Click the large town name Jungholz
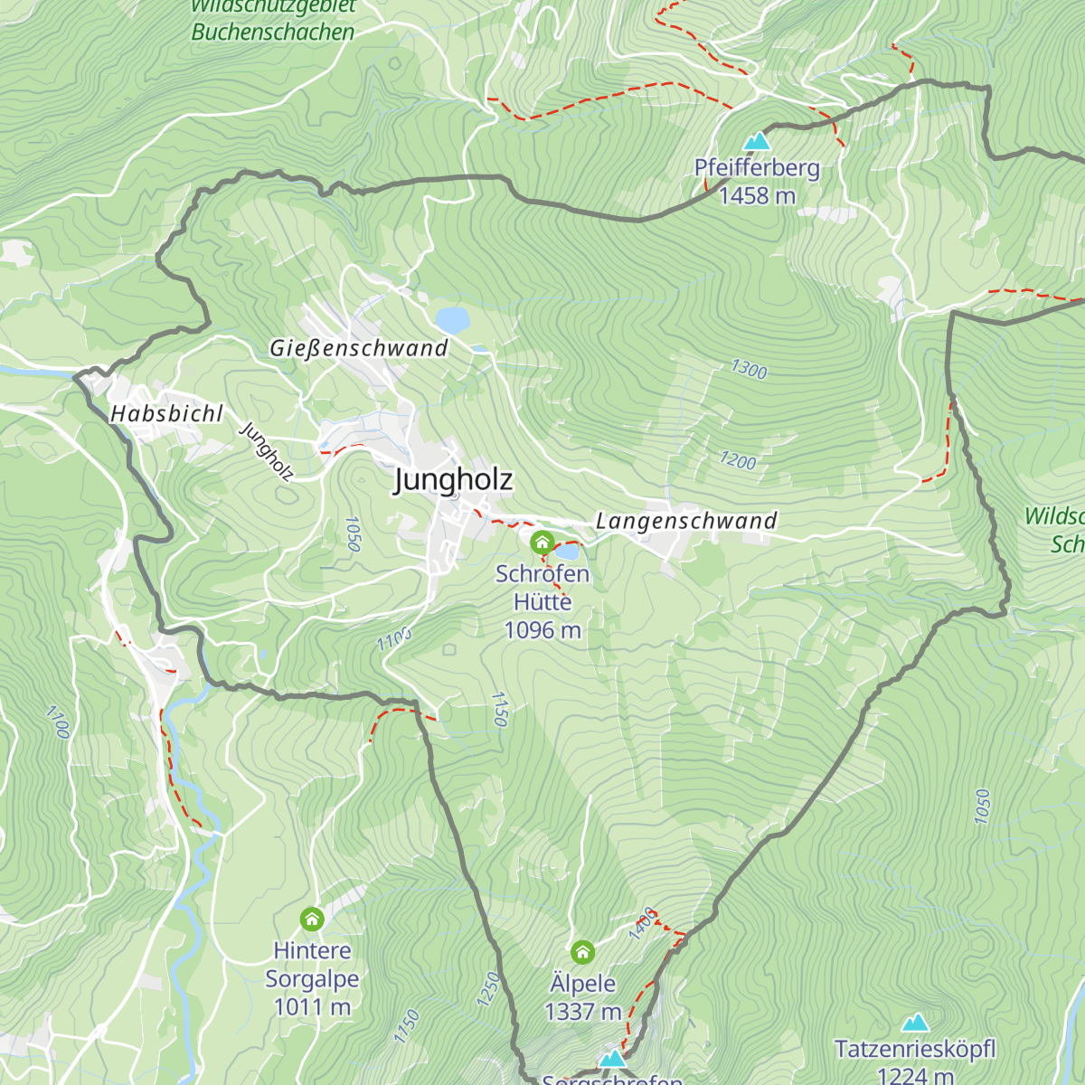(x=453, y=480)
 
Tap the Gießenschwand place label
(x=359, y=348)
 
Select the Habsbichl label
(x=166, y=414)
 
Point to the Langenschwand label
(x=686, y=521)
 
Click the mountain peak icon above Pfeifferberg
(x=757, y=141)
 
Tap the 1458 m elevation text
(x=757, y=195)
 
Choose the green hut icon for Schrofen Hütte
(x=542, y=542)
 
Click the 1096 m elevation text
(x=542, y=630)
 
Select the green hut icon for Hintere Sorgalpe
(x=312, y=920)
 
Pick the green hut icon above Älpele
(x=583, y=952)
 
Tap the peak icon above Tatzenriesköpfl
(x=915, y=1023)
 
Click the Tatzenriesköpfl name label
(x=915, y=1050)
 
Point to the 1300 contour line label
(x=749, y=369)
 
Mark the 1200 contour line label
(x=738, y=460)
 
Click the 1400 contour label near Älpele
(x=642, y=924)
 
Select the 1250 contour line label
(x=487, y=989)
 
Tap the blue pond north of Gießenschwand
(x=452, y=319)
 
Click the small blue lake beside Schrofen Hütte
(x=567, y=551)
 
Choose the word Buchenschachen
(x=273, y=33)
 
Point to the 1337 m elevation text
(x=583, y=1012)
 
